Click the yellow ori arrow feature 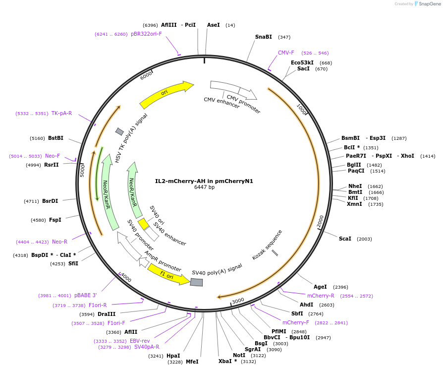(x=166, y=94)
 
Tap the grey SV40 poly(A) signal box (x=197, y=282)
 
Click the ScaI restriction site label (x=345, y=239)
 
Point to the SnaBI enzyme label (x=264, y=37)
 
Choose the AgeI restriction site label (x=320, y=287)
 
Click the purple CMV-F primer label (x=286, y=53)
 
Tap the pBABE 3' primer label (x=86, y=296)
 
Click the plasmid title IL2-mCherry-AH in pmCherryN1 (x=204, y=181)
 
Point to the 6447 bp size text (x=204, y=187)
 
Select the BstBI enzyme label (x=55, y=138)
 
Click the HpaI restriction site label (x=173, y=356)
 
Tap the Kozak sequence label (x=267, y=244)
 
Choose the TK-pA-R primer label (x=61, y=113)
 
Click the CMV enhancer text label (x=221, y=103)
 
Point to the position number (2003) (x=364, y=239)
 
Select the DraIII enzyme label (x=107, y=314)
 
